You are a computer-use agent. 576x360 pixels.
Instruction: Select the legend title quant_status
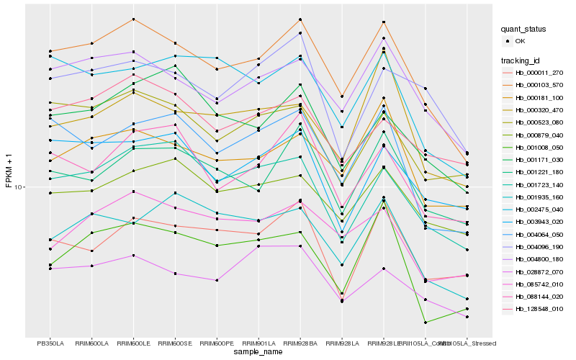(524, 29)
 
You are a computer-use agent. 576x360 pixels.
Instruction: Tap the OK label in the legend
(520, 41)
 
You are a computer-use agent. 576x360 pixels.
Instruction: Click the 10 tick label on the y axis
(19, 187)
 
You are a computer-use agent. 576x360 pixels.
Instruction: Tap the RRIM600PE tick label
(217, 343)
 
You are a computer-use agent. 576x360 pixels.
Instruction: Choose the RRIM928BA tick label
(300, 343)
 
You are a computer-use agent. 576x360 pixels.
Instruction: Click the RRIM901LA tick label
(258, 343)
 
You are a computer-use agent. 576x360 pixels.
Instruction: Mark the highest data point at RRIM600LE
(133, 19)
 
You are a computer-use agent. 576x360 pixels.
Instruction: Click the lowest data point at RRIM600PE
(217, 280)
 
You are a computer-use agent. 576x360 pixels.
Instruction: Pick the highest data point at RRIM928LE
(384, 23)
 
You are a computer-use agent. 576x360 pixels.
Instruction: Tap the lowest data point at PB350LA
(50, 269)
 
